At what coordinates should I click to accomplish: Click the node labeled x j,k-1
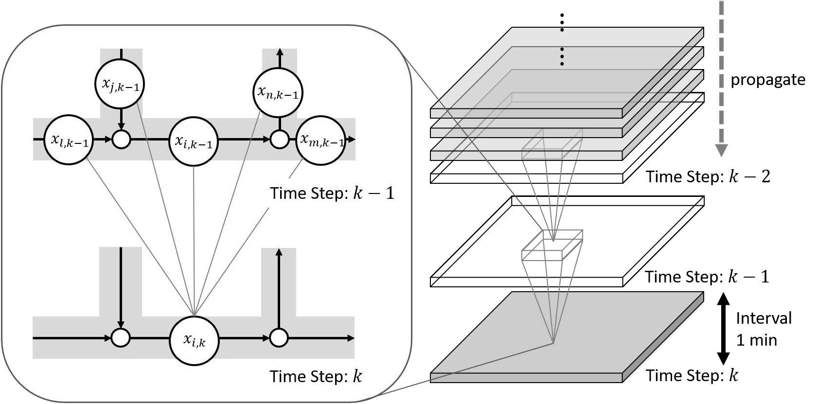[120, 85]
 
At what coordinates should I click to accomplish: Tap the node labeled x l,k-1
[69, 140]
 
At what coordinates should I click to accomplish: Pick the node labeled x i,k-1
[194, 141]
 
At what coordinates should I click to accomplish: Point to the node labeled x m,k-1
[321, 140]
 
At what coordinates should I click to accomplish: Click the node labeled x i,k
[194, 340]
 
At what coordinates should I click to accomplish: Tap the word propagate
[767, 80]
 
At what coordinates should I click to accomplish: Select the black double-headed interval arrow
[724, 328]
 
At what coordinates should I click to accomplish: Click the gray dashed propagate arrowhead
[722, 150]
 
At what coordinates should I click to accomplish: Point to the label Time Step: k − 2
[708, 176]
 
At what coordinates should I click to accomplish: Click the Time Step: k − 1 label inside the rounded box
[332, 193]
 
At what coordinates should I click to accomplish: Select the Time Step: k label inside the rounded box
[316, 376]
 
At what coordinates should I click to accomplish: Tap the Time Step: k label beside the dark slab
[692, 375]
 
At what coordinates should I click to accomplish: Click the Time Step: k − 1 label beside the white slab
[707, 277]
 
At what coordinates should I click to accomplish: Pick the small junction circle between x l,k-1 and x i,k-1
[121, 140]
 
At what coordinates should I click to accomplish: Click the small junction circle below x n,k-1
[279, 140]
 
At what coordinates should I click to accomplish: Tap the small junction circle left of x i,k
[121, 338]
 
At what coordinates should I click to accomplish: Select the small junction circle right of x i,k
[279, 338]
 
